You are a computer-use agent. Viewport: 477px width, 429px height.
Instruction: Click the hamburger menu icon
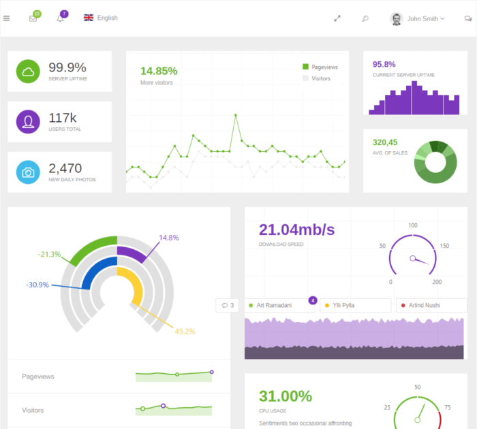tap(7, 18)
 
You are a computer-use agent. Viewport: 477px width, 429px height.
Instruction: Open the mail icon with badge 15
tap(33, 18)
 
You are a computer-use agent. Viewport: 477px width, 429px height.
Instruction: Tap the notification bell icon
tap(60, 18)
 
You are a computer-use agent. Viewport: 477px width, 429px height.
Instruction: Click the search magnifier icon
tap(365, 18)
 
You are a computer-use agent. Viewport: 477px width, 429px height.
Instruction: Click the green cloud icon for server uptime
tap(28, 71)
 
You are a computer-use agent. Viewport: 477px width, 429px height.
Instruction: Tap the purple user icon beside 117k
tap(28, 122)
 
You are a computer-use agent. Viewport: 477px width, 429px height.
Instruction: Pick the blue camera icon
tap(28, 172)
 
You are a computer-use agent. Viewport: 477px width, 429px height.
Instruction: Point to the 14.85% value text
tap(159, 71)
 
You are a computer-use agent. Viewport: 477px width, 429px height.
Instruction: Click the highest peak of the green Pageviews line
tap(236, 115)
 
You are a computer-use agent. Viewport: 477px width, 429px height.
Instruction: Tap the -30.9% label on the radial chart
tap(37, 285)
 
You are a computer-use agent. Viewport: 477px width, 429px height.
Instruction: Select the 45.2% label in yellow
tap(185, 332)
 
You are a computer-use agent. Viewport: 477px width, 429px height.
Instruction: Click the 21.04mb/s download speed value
tap(297, 229)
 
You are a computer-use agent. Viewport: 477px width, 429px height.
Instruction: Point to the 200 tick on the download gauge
tap(437, 282)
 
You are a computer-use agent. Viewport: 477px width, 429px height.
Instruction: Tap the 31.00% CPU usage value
tap(286, 396)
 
